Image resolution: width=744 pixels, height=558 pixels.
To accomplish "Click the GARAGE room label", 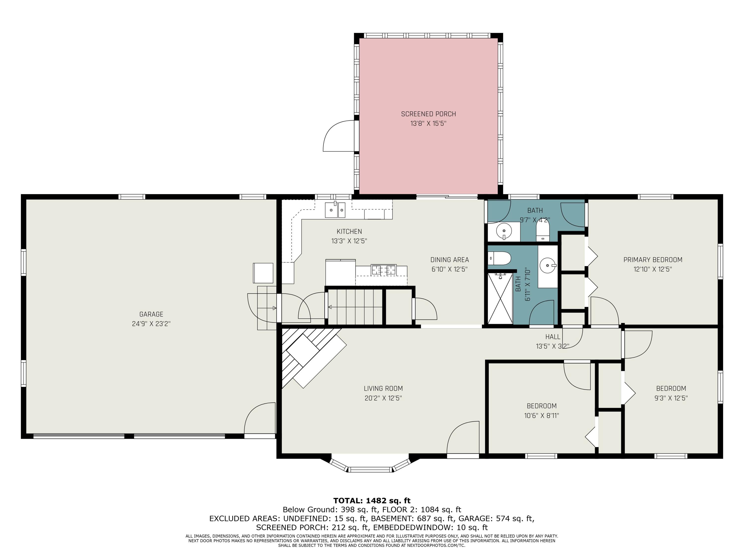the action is coord(151,314).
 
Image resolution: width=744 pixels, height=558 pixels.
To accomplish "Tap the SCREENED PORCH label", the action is coord(429,114).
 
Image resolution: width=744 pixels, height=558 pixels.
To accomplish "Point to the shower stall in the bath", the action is coord(500,298).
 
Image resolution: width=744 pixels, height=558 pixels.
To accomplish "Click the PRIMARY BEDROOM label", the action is coord(653,260).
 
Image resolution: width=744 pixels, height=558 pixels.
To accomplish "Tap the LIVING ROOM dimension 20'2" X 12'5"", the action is coord(383,398).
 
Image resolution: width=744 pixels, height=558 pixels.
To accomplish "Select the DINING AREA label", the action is coord(449,260).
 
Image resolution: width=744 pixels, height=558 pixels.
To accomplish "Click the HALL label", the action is coord(553,337).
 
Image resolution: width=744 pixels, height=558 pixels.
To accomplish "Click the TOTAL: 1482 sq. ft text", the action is coord(372,501).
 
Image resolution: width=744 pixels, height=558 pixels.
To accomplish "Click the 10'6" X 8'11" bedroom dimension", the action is coord(542,415).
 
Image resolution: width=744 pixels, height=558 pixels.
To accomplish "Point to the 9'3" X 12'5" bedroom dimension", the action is coord(671,398).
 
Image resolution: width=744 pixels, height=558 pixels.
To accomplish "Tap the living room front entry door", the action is coord(463,437).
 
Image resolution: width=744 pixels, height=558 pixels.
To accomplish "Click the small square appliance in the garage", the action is coord(263,273).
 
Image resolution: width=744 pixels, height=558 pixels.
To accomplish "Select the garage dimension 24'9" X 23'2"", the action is coord(151,324).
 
